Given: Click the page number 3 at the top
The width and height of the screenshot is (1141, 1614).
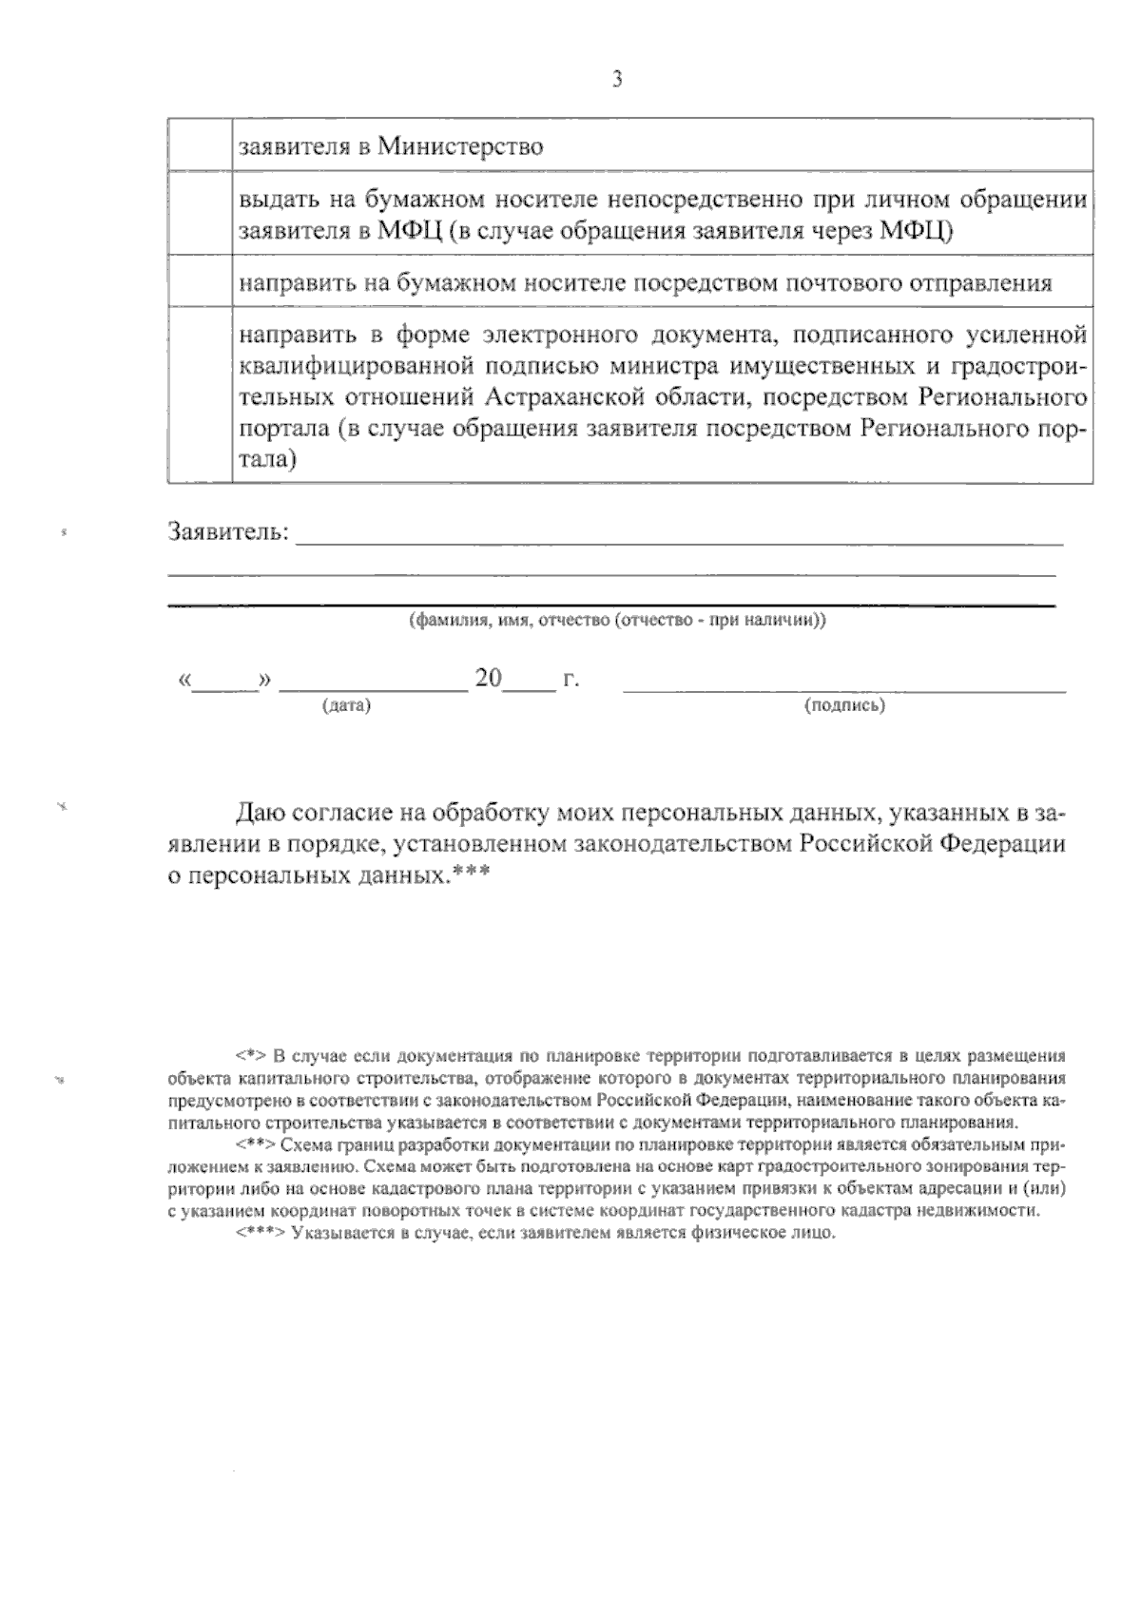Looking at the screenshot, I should [x=616, y=81].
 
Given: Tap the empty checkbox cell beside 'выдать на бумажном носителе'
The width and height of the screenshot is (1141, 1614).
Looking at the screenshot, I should [x=200, y=213].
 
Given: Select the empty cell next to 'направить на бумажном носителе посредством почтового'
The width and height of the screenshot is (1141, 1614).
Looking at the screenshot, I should [x=200, y=281].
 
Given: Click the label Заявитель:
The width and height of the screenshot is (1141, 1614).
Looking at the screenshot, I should [x=228, y=531].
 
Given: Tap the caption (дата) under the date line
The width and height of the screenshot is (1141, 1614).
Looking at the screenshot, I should [x=346, y=706].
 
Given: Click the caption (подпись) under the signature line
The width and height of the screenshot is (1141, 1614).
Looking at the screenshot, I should [x=844, y=706].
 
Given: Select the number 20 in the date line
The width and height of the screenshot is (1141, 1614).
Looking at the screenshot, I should [x=488, y=679].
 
